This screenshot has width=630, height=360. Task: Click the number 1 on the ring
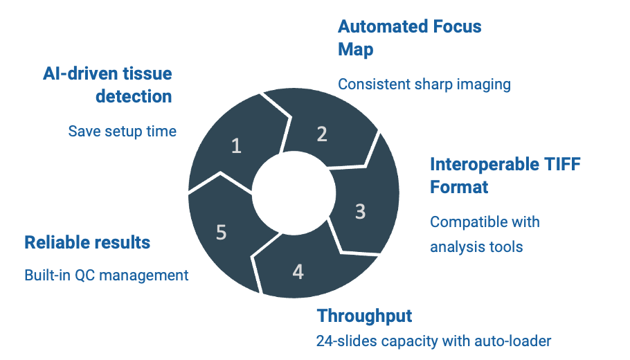236,146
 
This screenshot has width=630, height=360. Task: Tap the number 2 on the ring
322,134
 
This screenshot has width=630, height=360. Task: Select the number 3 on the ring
361,211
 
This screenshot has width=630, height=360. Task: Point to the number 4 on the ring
298,272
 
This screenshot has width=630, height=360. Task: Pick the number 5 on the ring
222,232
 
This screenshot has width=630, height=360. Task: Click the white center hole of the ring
294,193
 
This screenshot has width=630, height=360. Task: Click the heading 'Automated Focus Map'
410,38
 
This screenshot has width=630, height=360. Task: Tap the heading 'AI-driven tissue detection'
108,84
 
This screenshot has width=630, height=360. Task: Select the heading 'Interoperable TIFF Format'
505,176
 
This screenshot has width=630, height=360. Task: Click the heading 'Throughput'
364,316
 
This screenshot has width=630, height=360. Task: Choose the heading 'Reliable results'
87,242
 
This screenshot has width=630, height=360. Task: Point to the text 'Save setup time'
122,132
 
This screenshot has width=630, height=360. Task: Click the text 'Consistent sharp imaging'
424,84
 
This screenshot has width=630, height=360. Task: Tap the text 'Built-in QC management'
107,276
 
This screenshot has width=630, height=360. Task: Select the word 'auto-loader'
513,341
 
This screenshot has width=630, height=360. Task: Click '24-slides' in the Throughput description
347,341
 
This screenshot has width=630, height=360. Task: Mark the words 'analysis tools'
476,246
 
